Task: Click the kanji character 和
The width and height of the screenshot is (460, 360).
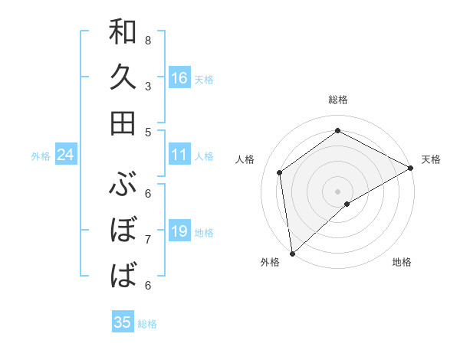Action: point(123,32)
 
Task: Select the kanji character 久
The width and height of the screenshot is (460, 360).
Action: point(123,77)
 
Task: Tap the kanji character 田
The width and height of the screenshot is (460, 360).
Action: point(123,123)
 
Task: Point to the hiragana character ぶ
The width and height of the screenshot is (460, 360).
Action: point(123,184)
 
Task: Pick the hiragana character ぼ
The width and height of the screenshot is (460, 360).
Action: point(123,229)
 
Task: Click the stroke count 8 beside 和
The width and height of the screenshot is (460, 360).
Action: point(147,40)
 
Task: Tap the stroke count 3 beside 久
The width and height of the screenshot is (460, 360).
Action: point(147,86)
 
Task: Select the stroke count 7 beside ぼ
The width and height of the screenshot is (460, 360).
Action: point(147,239)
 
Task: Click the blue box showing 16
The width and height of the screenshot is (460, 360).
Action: point(179,77)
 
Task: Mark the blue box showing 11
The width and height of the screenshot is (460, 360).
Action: point(179,155)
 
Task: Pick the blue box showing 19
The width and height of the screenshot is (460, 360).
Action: point(179,231)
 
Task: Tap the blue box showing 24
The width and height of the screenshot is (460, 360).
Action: point(65,155)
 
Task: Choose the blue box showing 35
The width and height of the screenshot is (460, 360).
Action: point(123,322)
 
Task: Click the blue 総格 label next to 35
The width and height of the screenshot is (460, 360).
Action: point(147,324)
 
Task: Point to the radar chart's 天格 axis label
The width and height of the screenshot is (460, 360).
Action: point(431,159)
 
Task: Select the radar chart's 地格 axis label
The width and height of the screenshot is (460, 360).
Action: point(402,262)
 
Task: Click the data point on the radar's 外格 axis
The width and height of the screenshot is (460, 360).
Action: point(291,253)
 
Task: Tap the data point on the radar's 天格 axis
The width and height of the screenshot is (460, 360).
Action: point(411,169)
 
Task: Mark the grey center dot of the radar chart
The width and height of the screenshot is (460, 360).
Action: point(337,190)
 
